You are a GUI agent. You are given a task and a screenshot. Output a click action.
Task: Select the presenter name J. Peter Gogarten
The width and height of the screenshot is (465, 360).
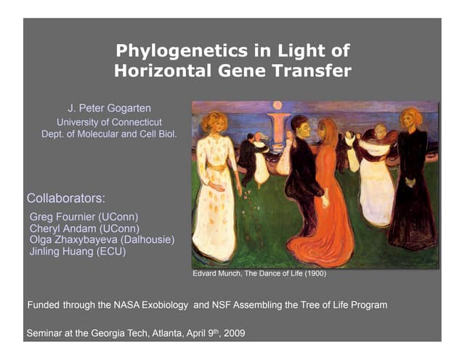pyautogui.click(x=109, y=108)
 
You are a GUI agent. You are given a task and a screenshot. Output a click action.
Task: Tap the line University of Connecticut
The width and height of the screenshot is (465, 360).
pyautogui.click(x=109, y=121)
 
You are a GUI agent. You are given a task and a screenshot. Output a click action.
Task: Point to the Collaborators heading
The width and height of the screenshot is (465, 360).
pyautogui.click(x=65, y=198)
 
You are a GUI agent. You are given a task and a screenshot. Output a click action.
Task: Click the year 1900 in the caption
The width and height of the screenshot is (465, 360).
pyautogui.click(x=312, y=274)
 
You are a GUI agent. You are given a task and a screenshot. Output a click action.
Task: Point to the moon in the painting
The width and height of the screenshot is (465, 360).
pyautogui.click(x=277, y=107)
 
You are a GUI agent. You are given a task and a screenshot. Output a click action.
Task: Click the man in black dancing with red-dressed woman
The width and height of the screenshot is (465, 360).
pyautogui.click(x=302, y=175)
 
